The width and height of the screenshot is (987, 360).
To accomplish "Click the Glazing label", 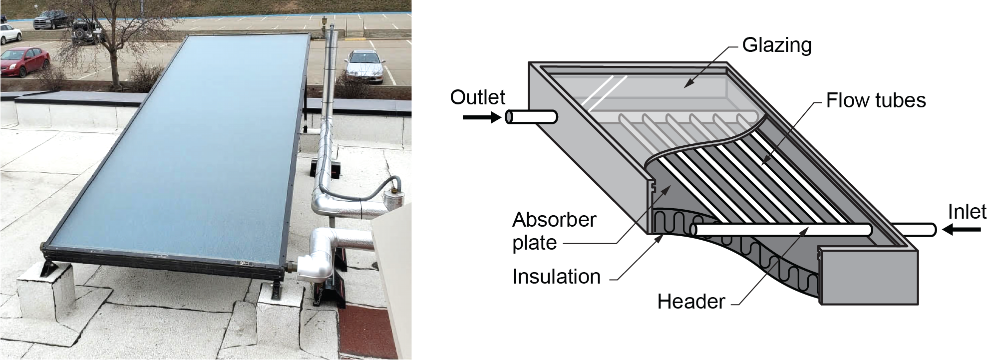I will (x=776, y=45).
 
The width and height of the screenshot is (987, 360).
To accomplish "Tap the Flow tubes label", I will (x=876, y=100).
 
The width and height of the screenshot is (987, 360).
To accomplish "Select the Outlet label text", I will (x=478, y=97).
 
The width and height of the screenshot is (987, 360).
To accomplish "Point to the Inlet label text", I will (x=967, y=212).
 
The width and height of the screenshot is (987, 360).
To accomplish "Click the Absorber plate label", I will (x=554, y=231).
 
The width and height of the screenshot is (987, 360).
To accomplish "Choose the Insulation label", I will (x=556, y=277).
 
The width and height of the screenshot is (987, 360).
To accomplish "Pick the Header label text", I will (x=691, y=302).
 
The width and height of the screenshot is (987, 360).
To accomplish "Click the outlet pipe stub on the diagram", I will (x=531, y=117).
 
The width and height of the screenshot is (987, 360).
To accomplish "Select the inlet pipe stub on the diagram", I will (x=914, y=230).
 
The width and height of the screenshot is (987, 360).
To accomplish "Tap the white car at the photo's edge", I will (x=10, y=33).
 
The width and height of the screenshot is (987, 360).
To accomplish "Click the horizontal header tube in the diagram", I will (x=781, y=230).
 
